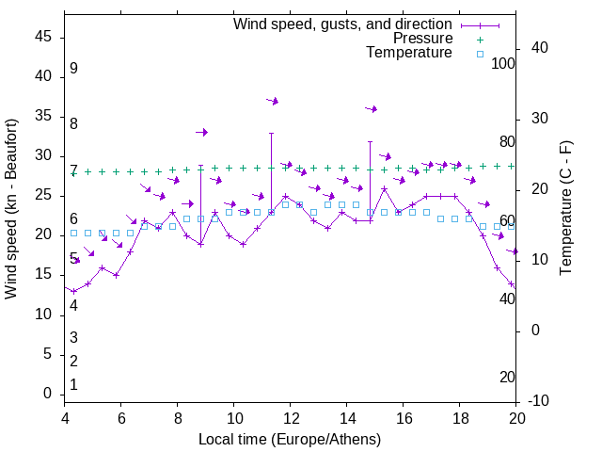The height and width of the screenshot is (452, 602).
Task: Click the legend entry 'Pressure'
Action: tap(422, 39)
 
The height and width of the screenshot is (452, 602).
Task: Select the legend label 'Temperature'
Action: tap(409, 53)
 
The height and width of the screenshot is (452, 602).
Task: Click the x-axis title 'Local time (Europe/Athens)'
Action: tap(290, 440)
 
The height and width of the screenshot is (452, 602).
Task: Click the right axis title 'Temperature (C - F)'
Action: tap(565, 209)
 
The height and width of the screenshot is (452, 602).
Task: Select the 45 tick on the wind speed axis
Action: tap(43, 38)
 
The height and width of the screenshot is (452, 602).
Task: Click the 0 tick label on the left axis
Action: tap(47, 395)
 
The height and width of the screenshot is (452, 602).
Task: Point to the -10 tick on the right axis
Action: tap(540, 401)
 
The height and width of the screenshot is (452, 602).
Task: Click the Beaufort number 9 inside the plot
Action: tap(73, 69)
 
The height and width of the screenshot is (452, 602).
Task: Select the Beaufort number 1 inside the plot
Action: tap(73, 385)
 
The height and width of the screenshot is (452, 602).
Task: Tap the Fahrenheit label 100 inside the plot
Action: tap(503, 64)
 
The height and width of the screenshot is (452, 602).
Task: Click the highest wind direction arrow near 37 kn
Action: tap(272, 101)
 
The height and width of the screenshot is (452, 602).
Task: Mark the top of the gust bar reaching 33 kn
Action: tap(272, 133)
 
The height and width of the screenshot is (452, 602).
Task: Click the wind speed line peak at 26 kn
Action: tap(385, 188)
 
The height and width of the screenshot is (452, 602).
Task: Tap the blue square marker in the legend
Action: tap(479, 54)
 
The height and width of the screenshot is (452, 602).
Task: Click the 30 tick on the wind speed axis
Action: tap(43, 156)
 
